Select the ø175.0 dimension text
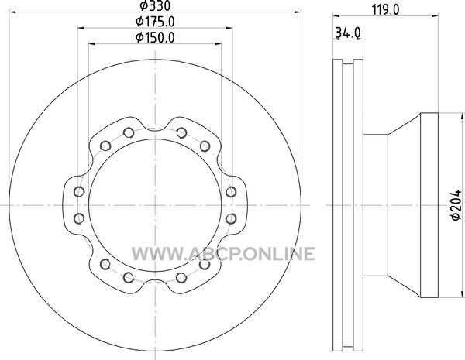click(155, 22)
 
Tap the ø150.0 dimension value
click(155, 37)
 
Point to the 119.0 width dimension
click(385, 10)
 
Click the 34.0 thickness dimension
click(347, 33)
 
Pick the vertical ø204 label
click(456, 204)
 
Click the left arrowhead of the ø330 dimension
click(13, 12)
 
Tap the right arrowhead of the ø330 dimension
click(297, 12)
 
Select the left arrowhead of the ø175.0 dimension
click(81, 28)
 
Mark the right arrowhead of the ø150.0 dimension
click(217, 44)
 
